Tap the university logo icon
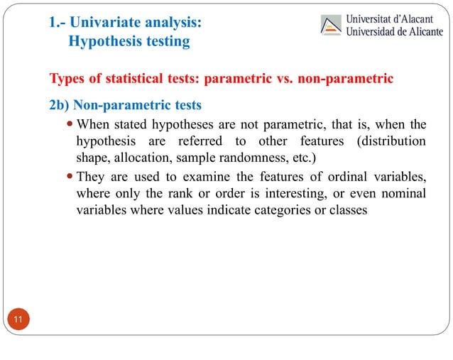click(x=332, y=26)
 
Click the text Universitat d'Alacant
click(x=390, y=17)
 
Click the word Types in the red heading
click(x=67, y=77)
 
